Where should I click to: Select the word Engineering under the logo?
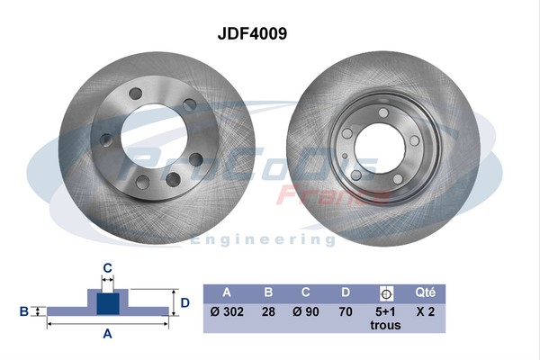point(256,240)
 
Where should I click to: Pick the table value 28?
point(267,312)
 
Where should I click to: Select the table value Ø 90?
point(306,312)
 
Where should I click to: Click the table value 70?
point(346,312)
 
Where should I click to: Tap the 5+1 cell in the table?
point(386,312)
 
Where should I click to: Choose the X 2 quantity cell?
point(426,312)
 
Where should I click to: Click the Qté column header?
point(426,292)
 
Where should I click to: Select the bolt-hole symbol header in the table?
point(386,292)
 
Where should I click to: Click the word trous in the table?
point(386,326)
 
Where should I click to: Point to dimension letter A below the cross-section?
point(107,334)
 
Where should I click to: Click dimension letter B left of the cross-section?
point(24,311)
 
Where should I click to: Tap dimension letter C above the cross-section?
point(107,266)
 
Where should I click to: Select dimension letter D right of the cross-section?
point(184,302)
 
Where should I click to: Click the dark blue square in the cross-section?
point(107,303)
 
